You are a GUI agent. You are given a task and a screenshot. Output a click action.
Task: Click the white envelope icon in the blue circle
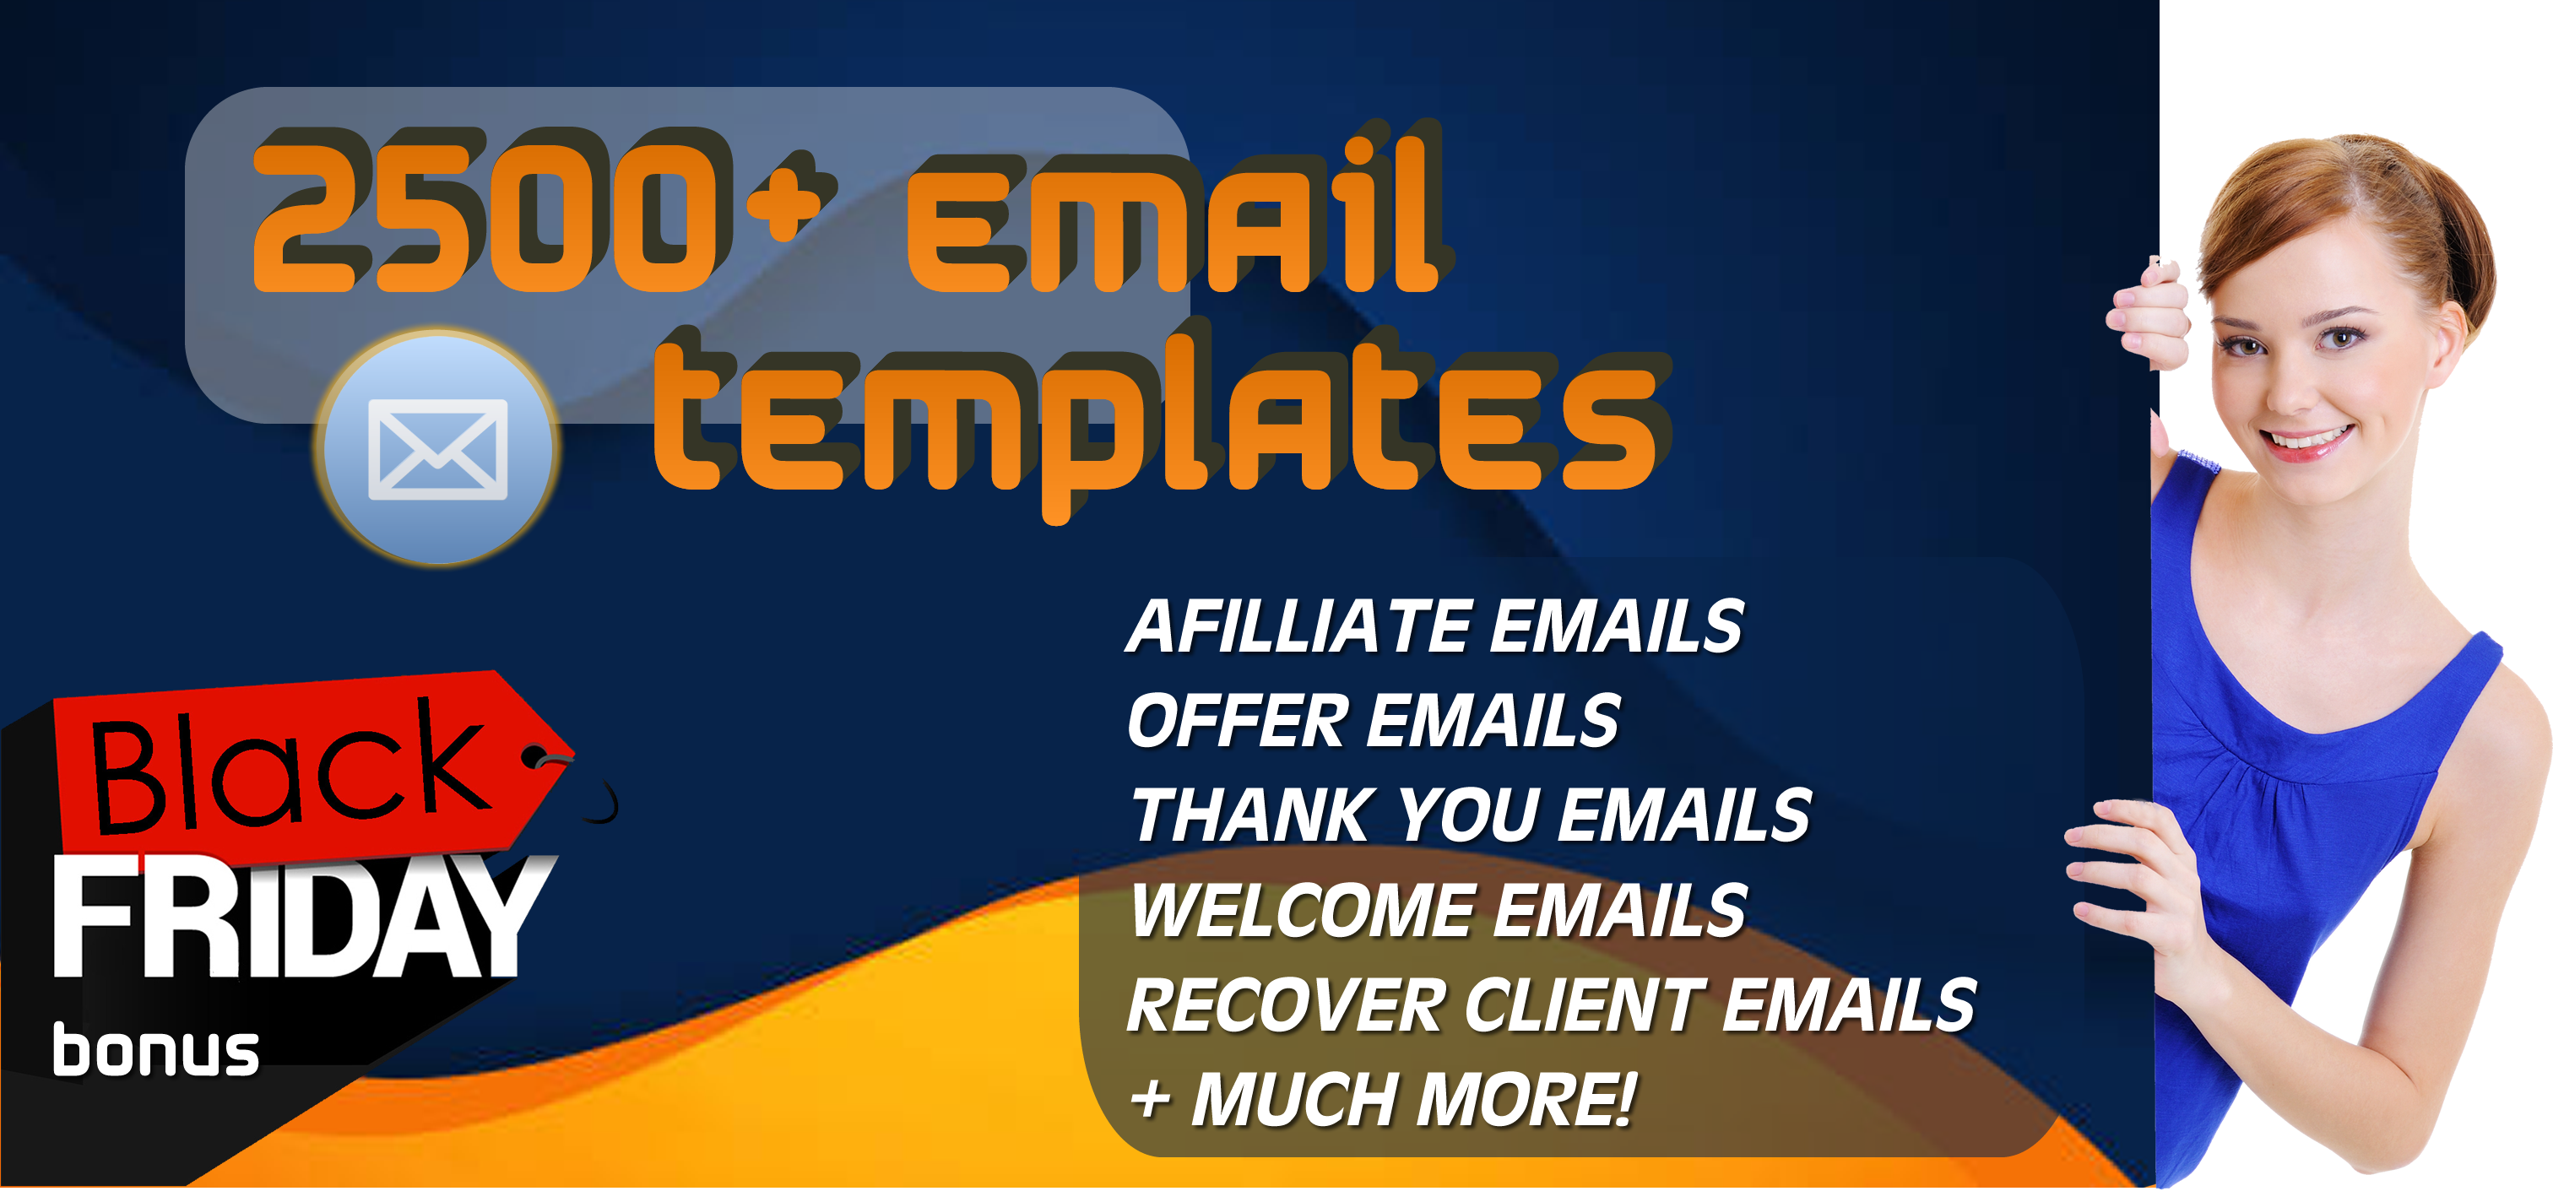click(x=437, y=449)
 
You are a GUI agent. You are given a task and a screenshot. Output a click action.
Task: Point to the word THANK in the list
click(x=1254, y=815)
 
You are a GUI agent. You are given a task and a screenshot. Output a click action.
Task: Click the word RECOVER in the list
click(x=1284, y=1004)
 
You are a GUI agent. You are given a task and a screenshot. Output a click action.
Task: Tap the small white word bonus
click(x=155, y=1052)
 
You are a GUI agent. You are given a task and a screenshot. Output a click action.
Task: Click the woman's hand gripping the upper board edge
click(x=2147, y=317)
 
